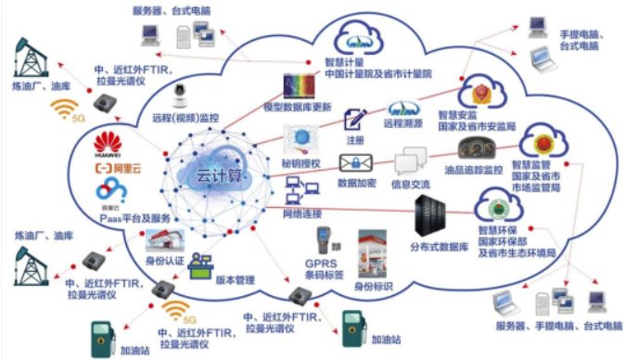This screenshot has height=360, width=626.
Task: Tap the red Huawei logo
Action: [109, 143]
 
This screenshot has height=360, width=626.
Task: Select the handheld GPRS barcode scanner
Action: [324, 244]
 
